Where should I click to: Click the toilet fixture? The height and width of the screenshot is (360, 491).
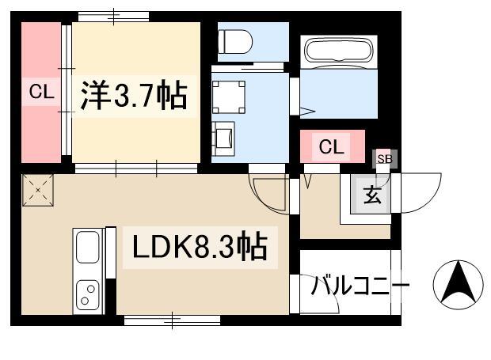(x=235, y=42)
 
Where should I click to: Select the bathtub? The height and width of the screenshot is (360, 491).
(x=339, y=51)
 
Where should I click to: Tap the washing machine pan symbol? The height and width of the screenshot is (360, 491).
(x=229, y=97)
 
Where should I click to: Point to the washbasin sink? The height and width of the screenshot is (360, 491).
(x=223, y=138)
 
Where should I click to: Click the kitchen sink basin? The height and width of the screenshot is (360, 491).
(x=88, y=247)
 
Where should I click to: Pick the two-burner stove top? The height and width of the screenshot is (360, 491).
(x=88, y=295)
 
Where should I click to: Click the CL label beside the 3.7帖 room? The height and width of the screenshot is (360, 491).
(x=41, y=92)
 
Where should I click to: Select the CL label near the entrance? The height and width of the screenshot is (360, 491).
(x=332, y=146)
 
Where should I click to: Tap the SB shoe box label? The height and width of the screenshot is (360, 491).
(x=385, y=159)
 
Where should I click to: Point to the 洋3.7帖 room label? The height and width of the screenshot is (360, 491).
(x=134, y=96)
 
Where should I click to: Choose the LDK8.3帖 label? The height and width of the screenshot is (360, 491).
(x=200, y=247)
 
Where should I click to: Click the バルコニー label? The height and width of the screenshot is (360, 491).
(x=360, y=285)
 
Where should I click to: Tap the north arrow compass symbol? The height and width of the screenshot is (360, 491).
(x=458, y=285)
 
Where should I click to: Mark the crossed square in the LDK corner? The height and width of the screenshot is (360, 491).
(x=38, y=190)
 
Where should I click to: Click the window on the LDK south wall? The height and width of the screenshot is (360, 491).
(x=172, y=320)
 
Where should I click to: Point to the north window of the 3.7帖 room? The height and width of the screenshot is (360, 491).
(x=113, y=17)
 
